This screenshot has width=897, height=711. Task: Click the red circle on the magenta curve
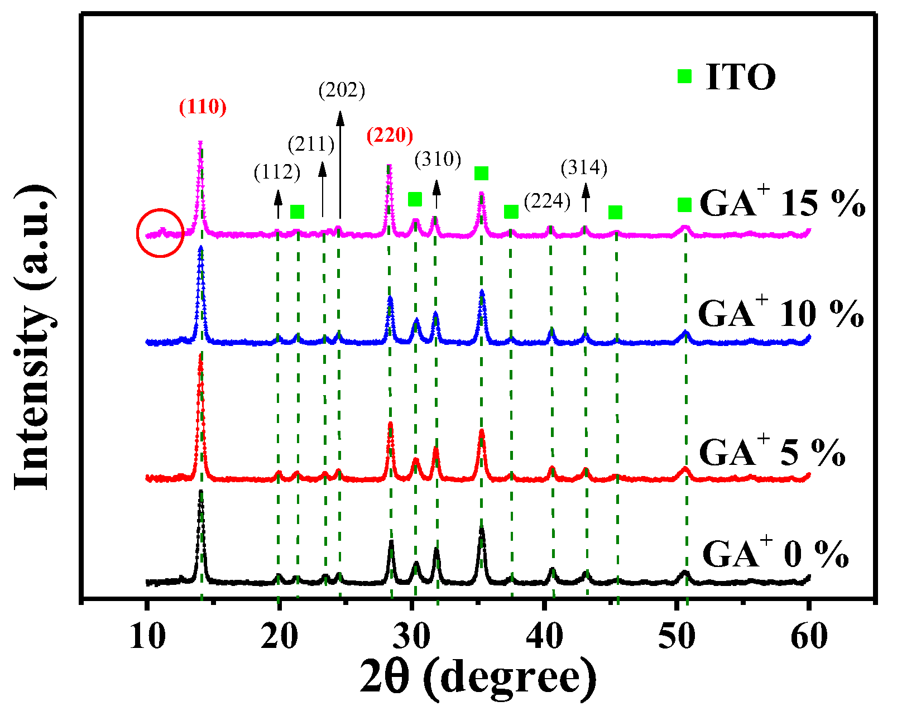(160, 233)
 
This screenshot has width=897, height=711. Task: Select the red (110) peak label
(203, 107)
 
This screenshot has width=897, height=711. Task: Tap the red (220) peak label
(390, 135)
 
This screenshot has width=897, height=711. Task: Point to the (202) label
(342, 90)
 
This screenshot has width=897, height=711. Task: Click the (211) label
(311, 145)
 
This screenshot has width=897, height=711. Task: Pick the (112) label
(277, 172)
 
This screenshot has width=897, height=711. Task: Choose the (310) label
(438, 160)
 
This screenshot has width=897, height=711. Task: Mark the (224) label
(547, 201)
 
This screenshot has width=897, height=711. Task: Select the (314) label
(584, 167)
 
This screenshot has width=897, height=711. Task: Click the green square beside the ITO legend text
(684, 76)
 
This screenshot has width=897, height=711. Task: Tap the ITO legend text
(741, 77)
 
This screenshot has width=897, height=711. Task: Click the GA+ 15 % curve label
(782, 202)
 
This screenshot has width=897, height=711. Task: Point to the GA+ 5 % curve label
(772, 451)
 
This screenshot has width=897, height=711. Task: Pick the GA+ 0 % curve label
(775, 554)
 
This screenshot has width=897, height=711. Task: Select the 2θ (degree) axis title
(478, 677)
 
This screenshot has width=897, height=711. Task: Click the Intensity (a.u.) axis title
(35, 338)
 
